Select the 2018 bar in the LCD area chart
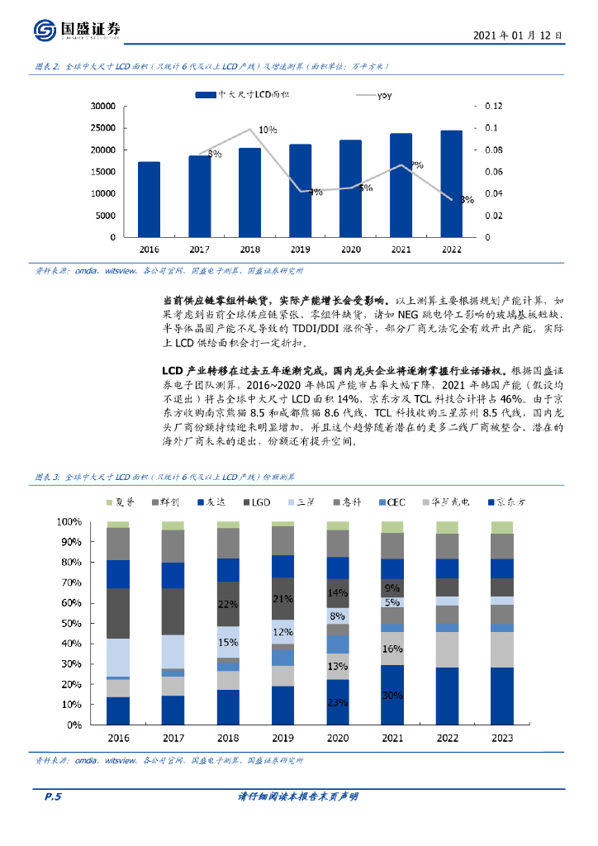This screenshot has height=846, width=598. (x=249, y=192)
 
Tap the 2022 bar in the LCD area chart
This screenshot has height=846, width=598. (x=451, y=183)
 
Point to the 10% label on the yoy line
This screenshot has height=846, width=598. (x=267, y=131)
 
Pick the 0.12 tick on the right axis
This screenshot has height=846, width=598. (x=494, y=106)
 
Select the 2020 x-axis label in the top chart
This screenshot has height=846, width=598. (x=350, y=249)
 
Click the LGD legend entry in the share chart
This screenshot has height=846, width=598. (x=255, y=502)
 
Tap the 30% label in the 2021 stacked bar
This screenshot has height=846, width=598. (x=392, y=695)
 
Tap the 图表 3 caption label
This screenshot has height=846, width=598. (x=47, y=478)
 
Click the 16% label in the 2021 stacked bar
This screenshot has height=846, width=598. (x=392, y=649)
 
